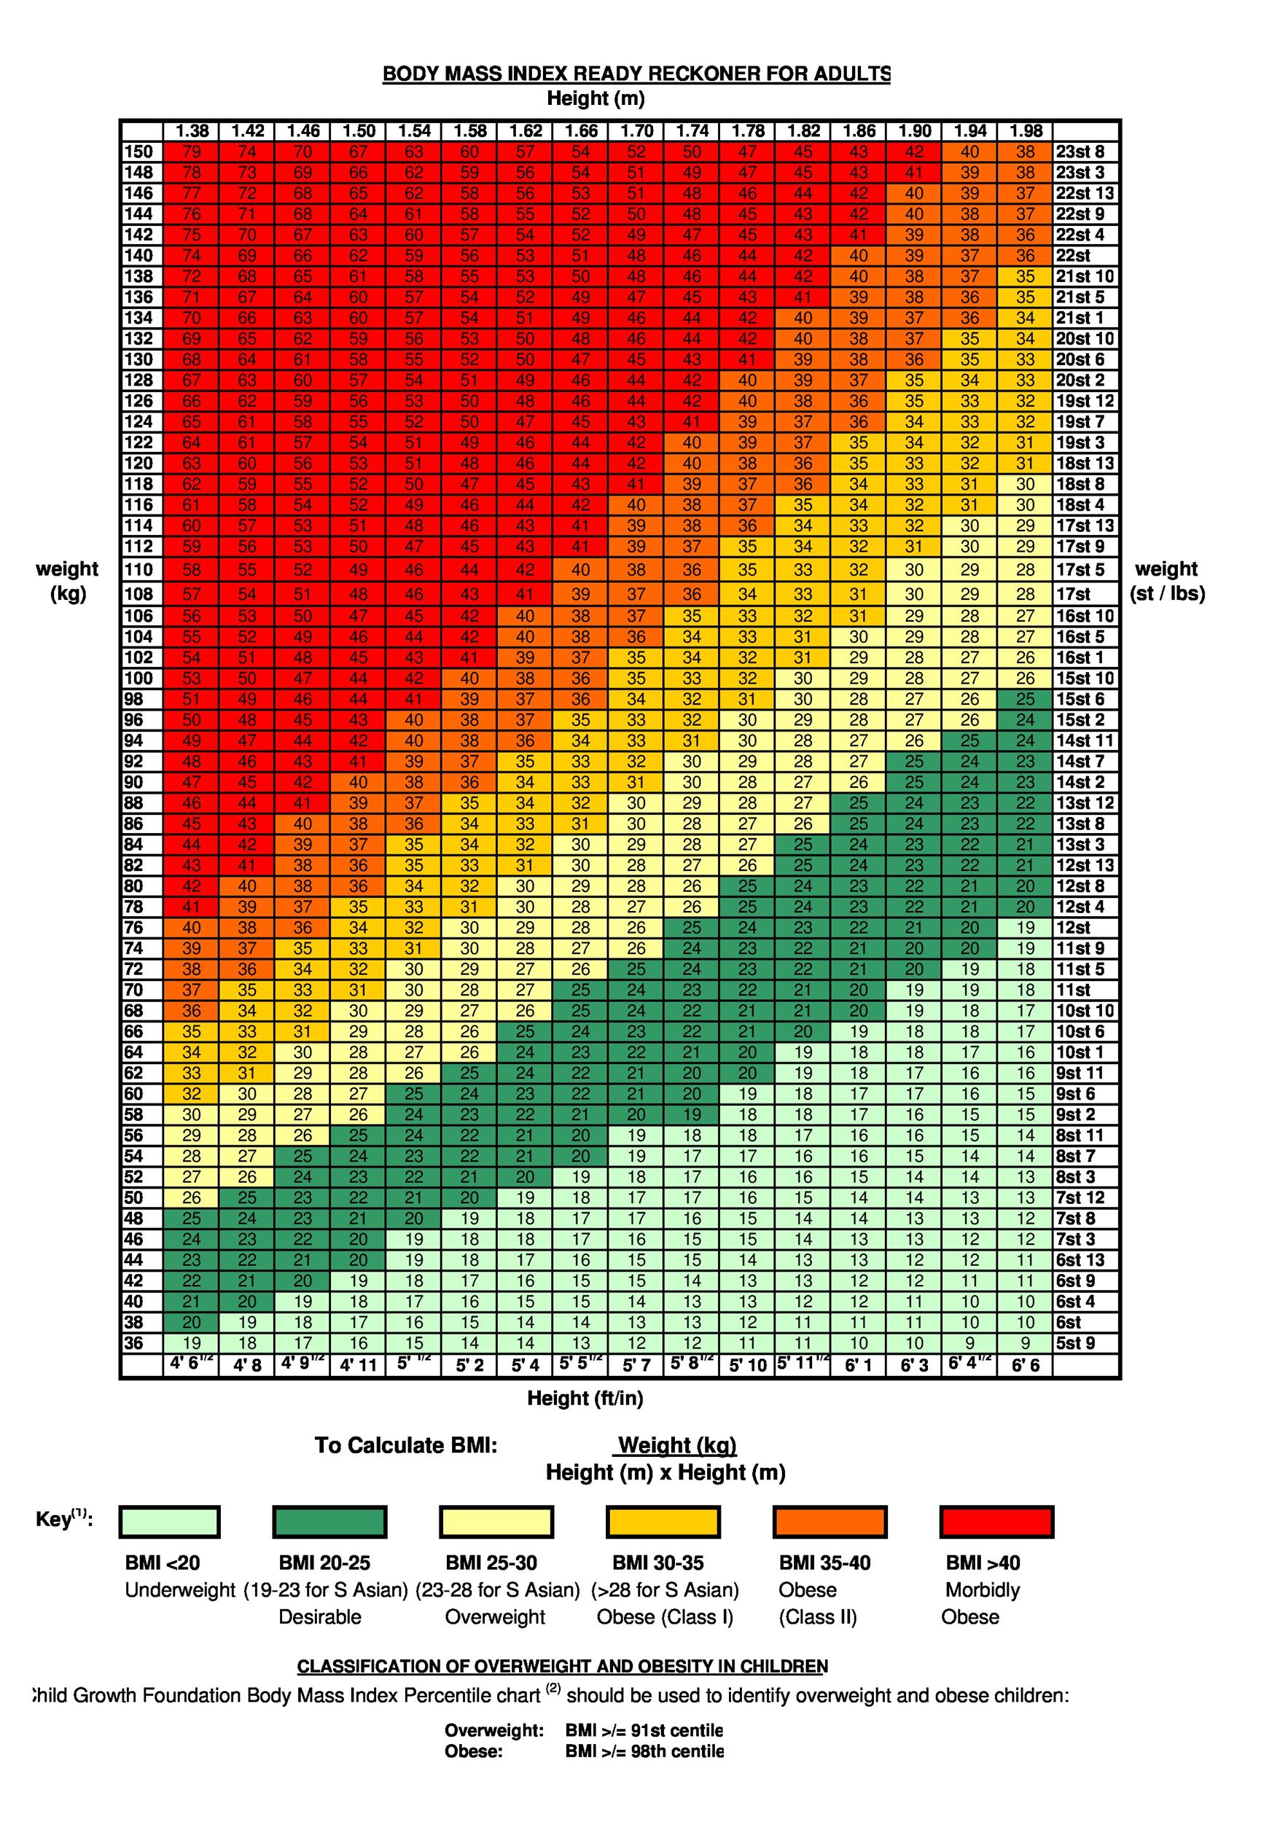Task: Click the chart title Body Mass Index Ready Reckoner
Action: point(636,74)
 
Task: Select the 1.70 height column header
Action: point(636,131)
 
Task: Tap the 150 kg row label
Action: point(139,152)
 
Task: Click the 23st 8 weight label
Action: point(1080,152)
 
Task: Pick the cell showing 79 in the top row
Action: point(191,152)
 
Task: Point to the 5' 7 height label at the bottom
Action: point(636,1366)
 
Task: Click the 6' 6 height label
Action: point(1025,1366)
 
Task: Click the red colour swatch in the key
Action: point(996,1522)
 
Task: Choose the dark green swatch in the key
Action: point(329,1522)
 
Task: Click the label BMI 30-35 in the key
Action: point(658,1563)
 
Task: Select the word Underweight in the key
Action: point(180,1590)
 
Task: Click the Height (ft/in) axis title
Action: point(585,1399)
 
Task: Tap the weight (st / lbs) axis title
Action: point(1166,581)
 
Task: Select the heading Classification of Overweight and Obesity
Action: point(562,1665)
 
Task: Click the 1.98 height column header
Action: point(1025,131)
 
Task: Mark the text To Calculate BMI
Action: point(405,1444)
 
